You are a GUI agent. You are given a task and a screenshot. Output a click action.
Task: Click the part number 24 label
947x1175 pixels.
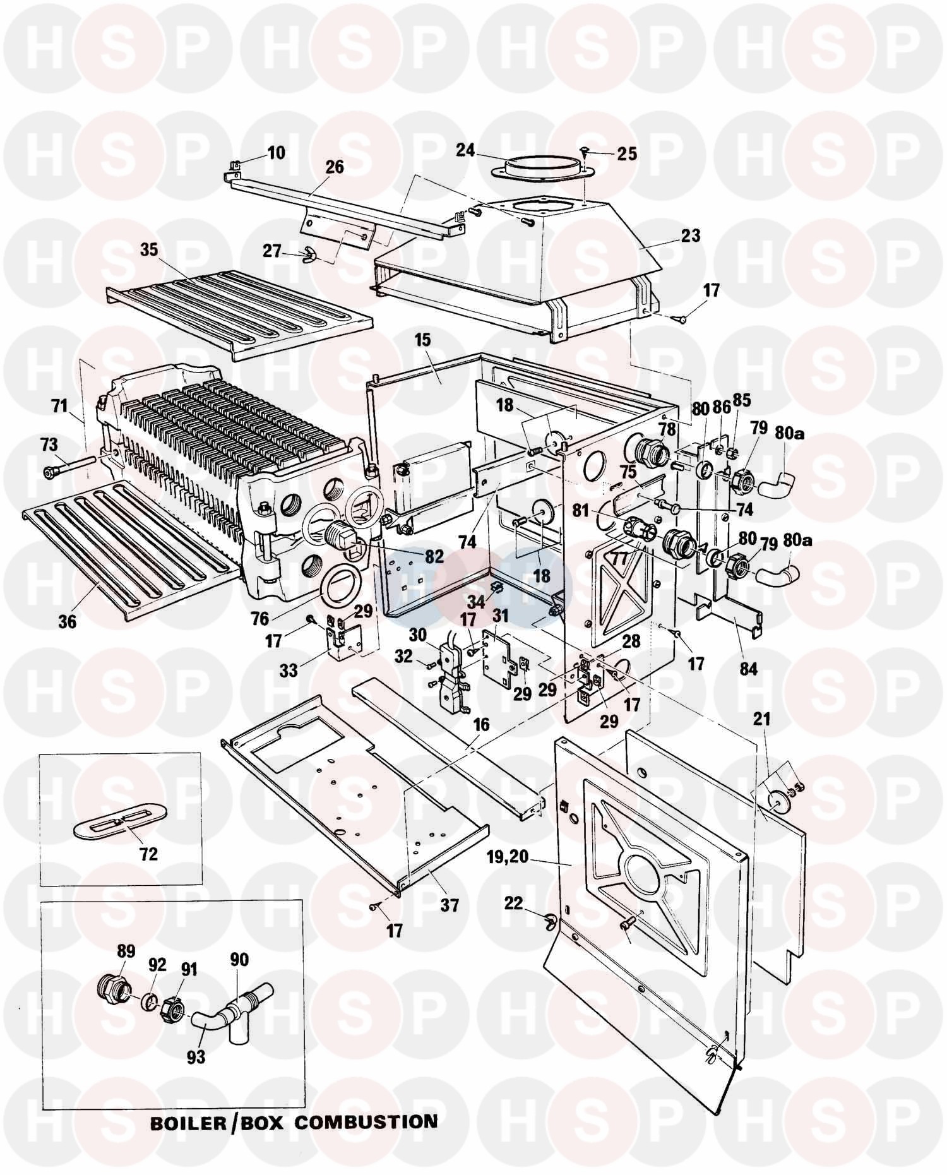pos(466,150)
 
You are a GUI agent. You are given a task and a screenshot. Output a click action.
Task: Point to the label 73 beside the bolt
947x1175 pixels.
pos(49,445)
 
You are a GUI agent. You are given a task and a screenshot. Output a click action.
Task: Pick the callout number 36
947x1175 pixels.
pos(67,621)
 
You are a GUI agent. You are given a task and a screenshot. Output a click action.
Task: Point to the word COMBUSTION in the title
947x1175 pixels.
pos(366,1122)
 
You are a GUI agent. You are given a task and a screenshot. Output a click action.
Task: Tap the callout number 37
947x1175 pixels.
pos(449,905)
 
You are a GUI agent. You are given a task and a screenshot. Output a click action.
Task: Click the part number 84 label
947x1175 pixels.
pos(748,667)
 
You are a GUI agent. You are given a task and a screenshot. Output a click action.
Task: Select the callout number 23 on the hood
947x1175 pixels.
pos(691,236)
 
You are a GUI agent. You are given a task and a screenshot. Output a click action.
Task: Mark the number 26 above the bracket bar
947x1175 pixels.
pos(335,167)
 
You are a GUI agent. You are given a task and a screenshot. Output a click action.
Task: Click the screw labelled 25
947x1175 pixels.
pos(584,150)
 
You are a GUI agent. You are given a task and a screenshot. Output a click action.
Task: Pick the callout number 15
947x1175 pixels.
pos(422,340)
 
